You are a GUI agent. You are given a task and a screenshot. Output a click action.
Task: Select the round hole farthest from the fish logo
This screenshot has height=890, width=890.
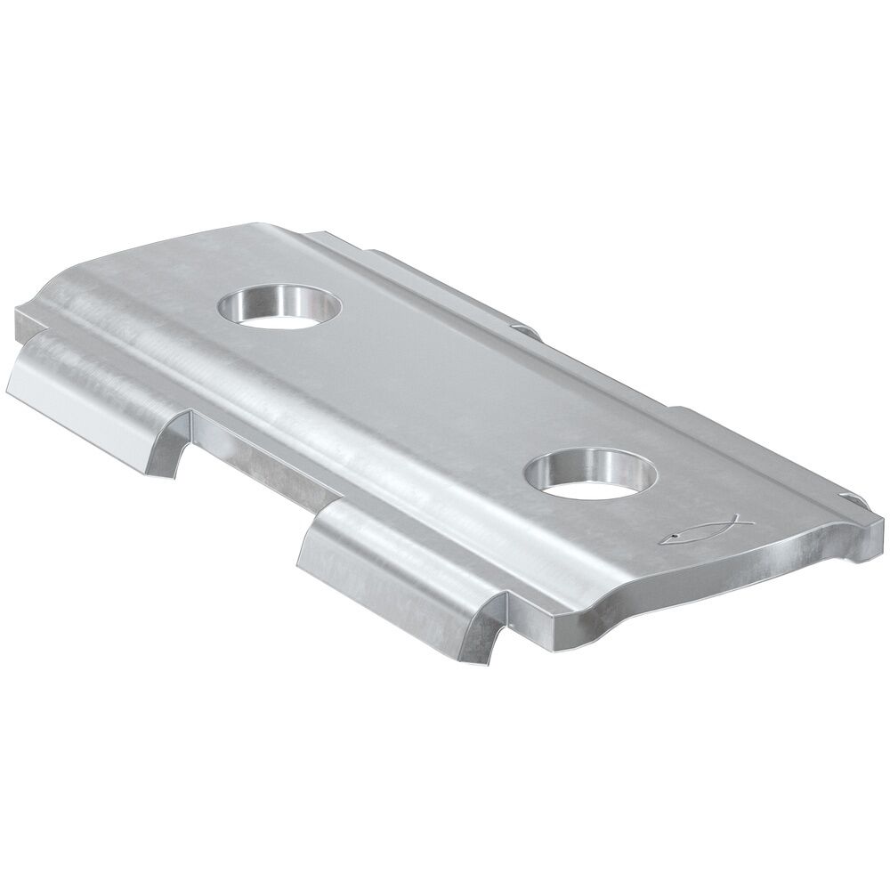pyautogui.click(x=280, y=308)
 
